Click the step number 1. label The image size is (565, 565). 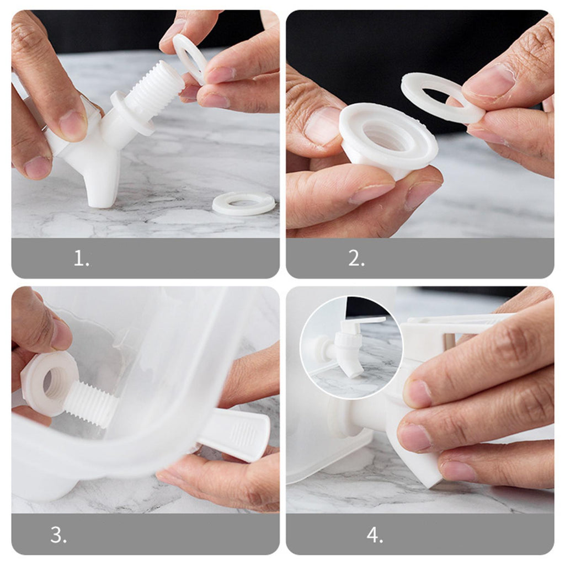point(82,258)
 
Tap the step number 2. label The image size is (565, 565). point(356,258)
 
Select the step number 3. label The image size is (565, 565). point(58,535)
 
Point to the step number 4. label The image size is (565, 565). point(375,535)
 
